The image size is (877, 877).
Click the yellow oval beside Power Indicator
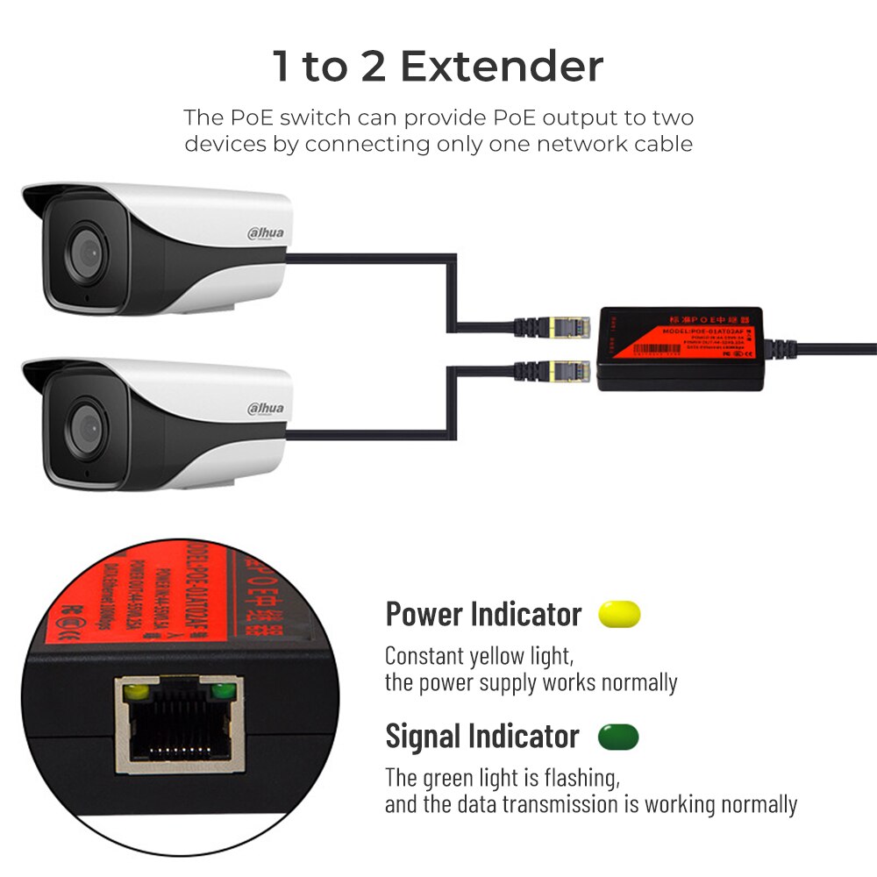pyautogui.click(x=619, y=614)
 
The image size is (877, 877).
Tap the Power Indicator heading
pyautogui.click(x=483, y=614)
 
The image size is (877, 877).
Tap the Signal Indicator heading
pyautogui.click(x=482, y=737)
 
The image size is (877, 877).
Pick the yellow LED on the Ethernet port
pyautogui.click(x=137, y=692)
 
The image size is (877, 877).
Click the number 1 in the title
pyautogui.click(x=281, y=67)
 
